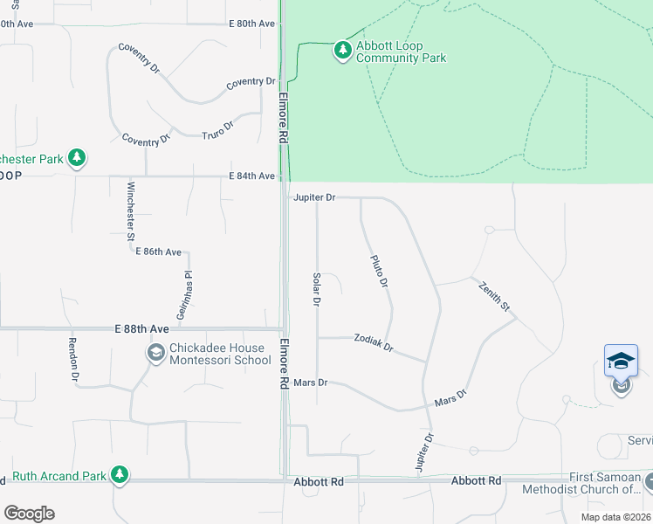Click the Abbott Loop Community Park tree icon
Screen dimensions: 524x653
coord(342,52)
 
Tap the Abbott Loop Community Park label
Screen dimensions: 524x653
coord(401,52)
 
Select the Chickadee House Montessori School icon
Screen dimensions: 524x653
coord(156,354)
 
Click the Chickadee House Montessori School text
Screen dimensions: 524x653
coord(219,354)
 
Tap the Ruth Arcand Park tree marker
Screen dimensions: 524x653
coord(119,475)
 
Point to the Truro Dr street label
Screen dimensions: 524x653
coord(218,130)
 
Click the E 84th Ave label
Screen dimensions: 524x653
coord(251,176)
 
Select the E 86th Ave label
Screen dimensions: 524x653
coord(158,252)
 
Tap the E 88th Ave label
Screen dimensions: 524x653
coord(141,329)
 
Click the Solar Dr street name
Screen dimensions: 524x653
coord(317,288)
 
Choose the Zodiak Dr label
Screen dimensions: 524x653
coord(374,341)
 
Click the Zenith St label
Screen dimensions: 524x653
coord(493,296)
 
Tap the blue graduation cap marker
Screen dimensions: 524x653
coord(621,361)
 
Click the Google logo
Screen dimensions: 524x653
coord(29,514)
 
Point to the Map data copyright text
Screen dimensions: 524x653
coord(615,517)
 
